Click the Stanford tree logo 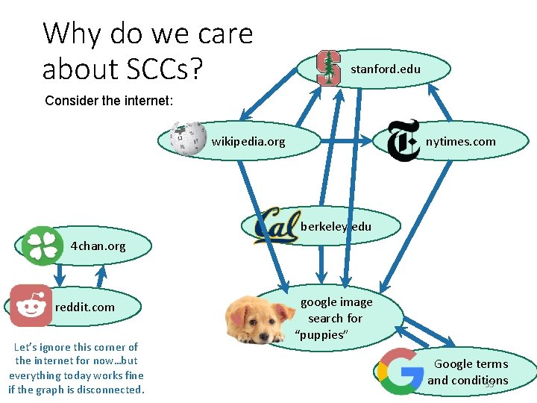(327, 68)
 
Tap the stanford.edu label (386, 69)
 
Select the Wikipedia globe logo (188, 138)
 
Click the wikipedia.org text (248, 141)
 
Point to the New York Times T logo (403, 140)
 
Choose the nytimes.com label (460, 141)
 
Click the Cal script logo (276, 225)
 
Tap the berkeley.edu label (336, 227)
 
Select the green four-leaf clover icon (43, 246)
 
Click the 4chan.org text (98, 246)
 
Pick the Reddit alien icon (31, 305)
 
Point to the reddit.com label (85, 307)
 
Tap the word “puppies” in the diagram (321, 334)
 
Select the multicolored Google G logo (400, 371)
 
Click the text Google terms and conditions (469, 372)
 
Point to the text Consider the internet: (109, 100)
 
